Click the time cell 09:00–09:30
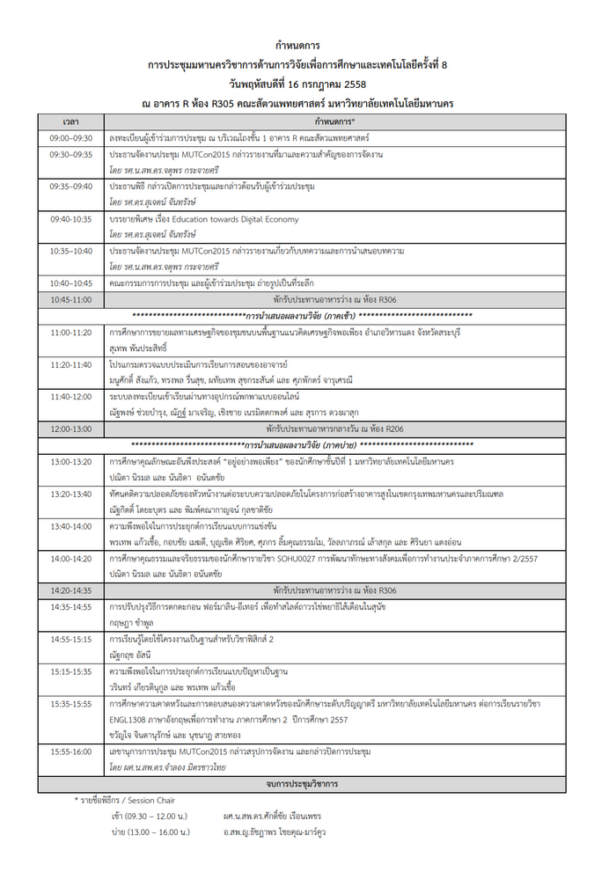click(x=71, y=138)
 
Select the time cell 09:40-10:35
click(x=71, y=219)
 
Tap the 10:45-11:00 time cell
click(x=71, y=300)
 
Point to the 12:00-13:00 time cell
click(x=71, y=429)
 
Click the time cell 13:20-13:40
click(x=71, y=494)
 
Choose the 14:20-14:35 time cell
click(x=71, y=590)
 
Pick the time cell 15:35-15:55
click(x=71, y=704)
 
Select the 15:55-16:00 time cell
click(x=71, y=751)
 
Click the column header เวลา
click(x=71, y=121)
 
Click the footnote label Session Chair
click(x=155, y=800)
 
